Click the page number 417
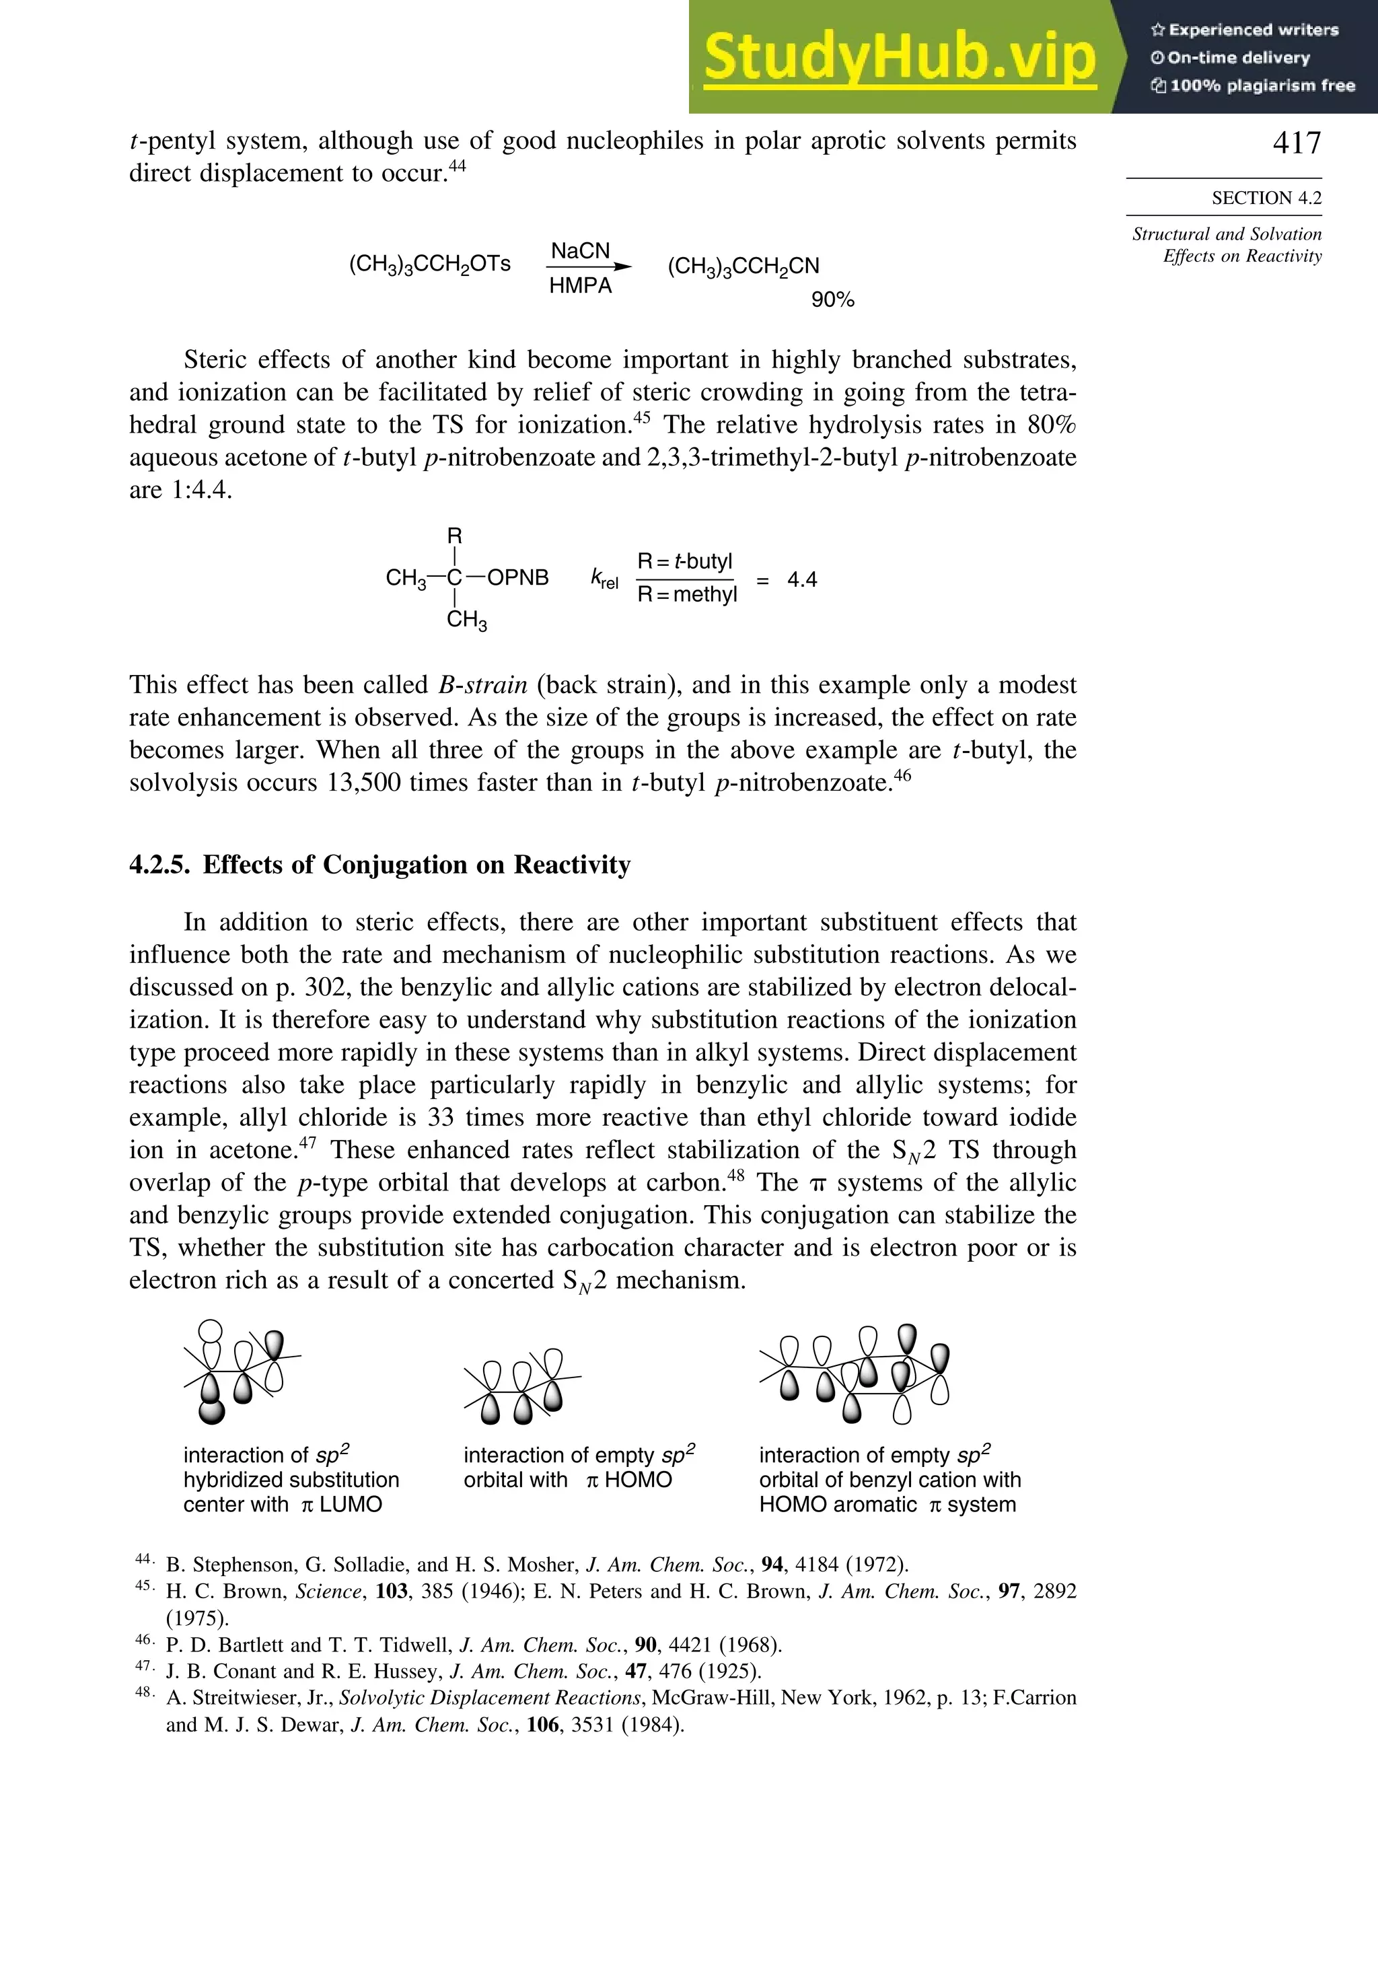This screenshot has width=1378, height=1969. click(1297, 143)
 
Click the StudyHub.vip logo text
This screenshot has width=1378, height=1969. click(900, 57)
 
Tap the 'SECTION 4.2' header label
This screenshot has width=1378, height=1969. click(1266, 198)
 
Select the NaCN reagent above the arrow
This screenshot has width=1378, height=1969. click(581, 251)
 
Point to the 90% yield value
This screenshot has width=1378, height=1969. click(832, 300)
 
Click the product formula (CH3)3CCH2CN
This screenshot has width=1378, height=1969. click(744, 266)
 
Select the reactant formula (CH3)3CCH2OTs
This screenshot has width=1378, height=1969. click(429, 264)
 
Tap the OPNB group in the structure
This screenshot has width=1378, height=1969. click(518, 578)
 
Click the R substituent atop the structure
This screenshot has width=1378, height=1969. click(454, 536)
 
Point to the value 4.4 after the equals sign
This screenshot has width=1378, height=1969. click(802, 579)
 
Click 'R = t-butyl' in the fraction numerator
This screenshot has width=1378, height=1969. click(684, 562)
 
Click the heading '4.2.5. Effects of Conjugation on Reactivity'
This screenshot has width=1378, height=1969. click(380, 865)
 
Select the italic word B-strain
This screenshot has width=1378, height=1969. click(483, 685)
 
